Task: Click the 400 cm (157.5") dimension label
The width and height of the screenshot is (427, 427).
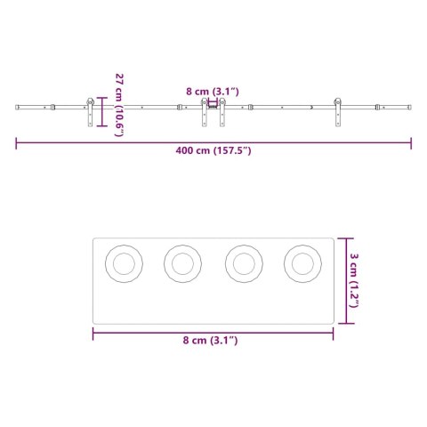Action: click(x=213, y=150)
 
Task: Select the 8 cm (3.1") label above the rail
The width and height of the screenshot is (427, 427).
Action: click(x=213, y=91)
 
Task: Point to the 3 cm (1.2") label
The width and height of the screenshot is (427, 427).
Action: click(x=355, y=281)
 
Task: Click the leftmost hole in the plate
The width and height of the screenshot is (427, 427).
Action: click(x=124, y=262)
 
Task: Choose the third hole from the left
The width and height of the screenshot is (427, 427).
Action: click(x=243, y=262)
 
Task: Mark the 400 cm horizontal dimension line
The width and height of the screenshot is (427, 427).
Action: click(x=213, y=140)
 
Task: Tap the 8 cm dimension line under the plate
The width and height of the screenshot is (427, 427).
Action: click(x=213, y=333)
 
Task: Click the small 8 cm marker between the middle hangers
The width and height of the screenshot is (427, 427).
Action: click(x=213, y=107)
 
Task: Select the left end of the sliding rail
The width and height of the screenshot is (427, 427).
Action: click(x=17, y=109)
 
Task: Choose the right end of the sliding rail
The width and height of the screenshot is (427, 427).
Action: click(x=410, y=109)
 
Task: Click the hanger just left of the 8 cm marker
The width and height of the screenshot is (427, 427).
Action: click(x=205, y=114)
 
